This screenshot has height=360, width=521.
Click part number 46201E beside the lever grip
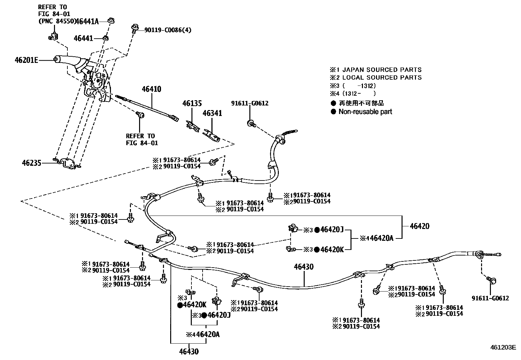[27, 60]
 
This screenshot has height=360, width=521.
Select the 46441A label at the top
[87, 22]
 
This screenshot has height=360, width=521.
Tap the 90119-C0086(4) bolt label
[168, 30]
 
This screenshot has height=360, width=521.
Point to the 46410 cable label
[151, 89]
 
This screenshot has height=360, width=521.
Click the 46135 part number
[192, 104]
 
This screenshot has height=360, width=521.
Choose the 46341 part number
[212, 113]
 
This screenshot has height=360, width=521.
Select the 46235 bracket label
[32, 163]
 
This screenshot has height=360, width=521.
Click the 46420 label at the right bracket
[420, 226]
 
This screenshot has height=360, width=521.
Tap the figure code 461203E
[503, 347]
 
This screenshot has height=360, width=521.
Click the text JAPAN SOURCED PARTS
[382, 70]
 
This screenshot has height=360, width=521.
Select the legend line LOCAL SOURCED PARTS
[382, 78]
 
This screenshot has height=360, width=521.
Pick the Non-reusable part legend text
[365, 112]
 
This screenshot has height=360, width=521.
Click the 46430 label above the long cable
[303, 267]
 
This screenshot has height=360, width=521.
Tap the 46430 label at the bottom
[189, 352]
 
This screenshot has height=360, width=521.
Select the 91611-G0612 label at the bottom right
[490, 298]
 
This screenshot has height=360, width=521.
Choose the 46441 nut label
[83, 38]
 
